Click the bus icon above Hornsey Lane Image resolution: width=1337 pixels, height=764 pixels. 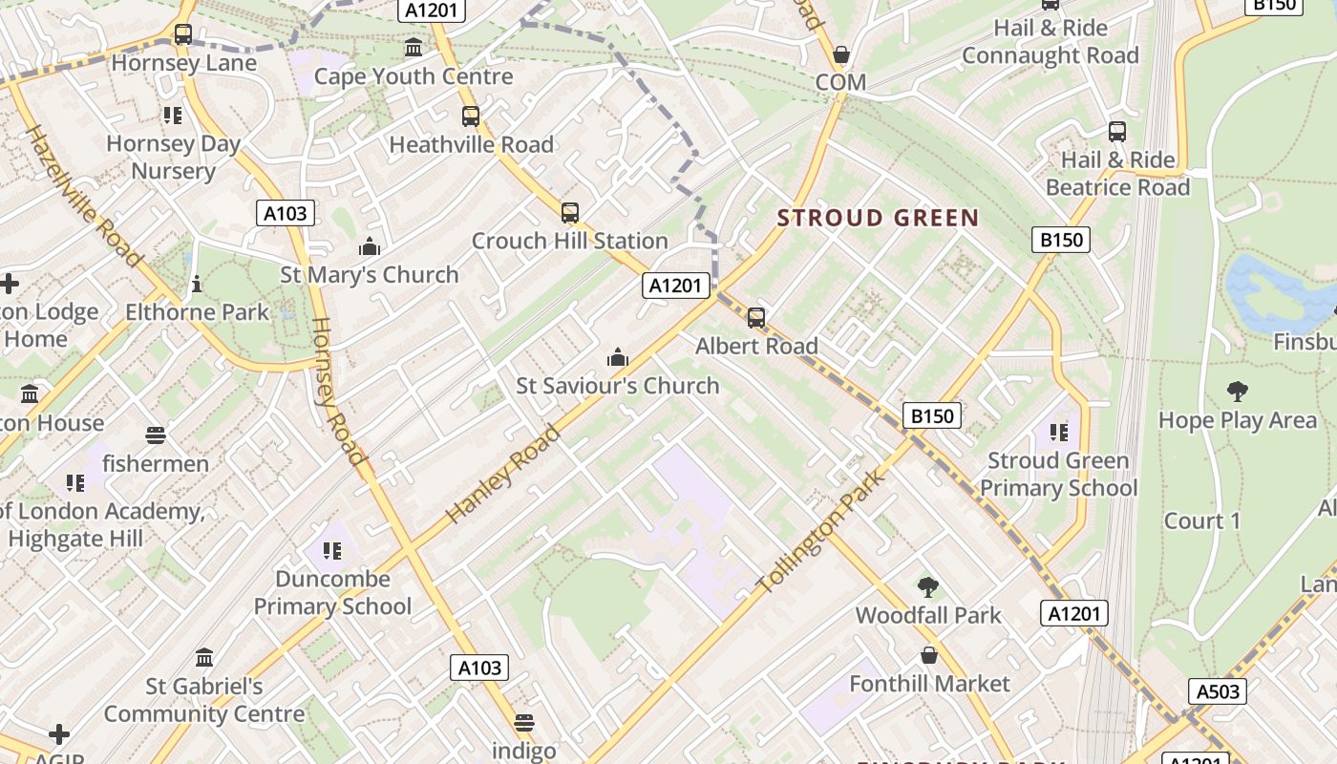tap(182, 35)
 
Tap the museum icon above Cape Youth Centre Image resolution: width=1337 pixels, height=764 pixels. tap(414, 48)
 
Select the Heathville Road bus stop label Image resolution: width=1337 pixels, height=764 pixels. tap(472, 145)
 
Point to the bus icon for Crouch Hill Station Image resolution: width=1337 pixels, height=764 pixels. tap(570, 213)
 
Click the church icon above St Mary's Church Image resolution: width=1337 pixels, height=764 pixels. tap(370, 247)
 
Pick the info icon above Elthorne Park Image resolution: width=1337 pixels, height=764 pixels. tap(197, 284)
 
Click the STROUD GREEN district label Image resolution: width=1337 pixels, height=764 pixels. tap(878, 218)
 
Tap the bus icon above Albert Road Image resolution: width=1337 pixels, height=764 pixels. tap(756, 318)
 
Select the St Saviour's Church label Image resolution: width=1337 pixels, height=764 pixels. tap(618, 386)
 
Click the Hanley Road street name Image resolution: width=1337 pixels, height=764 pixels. tap(502, 475)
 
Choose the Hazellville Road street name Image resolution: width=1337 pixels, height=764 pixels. tap(83, 197)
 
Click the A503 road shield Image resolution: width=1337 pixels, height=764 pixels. tap(1218, 691)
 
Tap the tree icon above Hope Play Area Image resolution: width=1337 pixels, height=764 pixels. tap(1238, 392)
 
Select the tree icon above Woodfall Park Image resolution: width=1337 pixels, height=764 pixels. tap(927, 587)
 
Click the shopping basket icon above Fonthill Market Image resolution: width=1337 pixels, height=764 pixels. tap(928, 656)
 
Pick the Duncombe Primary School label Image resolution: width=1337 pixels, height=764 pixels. tap(332, 592)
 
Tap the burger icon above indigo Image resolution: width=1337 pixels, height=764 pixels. tap(523, 722)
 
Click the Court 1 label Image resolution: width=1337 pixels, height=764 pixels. tap(1201, 521)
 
